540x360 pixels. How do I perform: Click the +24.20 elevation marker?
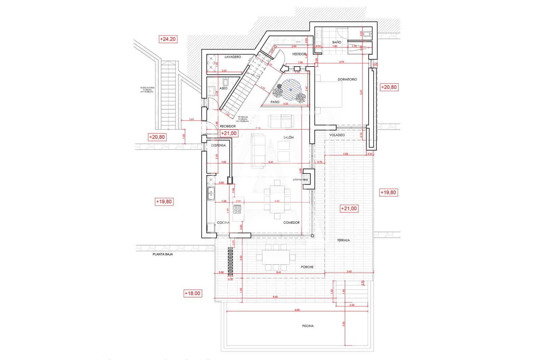[x=168, y=39]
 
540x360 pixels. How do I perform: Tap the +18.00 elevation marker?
[x=192, y=293]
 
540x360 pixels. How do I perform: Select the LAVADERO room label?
[x=233, y=57]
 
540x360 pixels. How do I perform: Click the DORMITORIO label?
[x=347, y=79]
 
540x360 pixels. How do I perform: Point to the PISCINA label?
[x=307, y=326]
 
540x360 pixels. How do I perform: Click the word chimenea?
[x=300, y=180]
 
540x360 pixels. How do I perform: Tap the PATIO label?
[x=275, y=102]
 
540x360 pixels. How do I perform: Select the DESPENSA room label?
[x=218, y=145]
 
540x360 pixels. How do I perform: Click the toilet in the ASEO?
[x=226, y=82]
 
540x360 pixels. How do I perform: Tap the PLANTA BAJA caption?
[x=163, y=254]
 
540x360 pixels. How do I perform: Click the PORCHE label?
[x=307, y=267]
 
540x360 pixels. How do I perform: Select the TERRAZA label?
[x=343, y=240]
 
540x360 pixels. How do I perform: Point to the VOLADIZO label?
[x=337, y=135]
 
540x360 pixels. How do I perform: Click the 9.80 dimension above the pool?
[x=297, y=310]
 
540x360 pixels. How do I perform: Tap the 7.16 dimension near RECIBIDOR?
[x=258, y=128]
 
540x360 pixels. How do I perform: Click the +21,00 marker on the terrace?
[x=349, y=208]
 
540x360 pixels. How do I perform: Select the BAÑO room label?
[x=336, y=42]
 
